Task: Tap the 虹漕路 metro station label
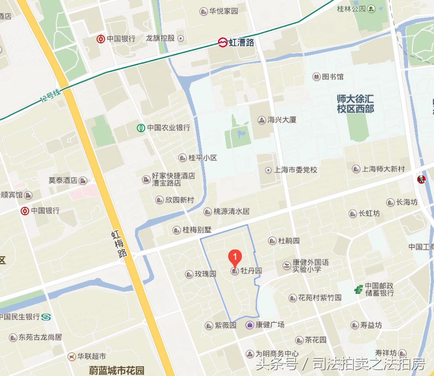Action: tap(241, 43)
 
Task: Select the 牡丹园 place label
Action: tap(251, 271)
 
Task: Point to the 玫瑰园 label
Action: tap(205, 274)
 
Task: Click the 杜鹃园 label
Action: tap(289, 241)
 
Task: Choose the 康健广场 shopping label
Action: tap(270, 325)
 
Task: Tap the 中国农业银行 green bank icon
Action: tap(140, 128)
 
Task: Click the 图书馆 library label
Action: tap(332, 77)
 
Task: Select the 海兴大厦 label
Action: tap(282, 119)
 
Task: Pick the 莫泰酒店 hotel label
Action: tap(63, 180)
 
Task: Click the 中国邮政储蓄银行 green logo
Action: tap(359, 289)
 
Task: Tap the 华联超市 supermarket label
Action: tap(92, 356)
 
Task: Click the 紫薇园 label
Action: tap(226, 325)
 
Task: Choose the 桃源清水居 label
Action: tap(231, 211)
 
